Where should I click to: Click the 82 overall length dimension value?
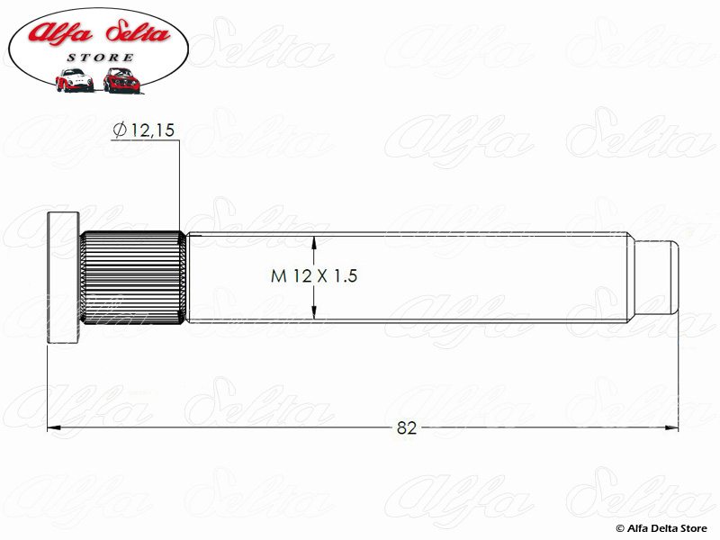(407, 428)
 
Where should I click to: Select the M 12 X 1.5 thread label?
(314, 276)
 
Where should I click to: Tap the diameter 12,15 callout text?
(144, 130)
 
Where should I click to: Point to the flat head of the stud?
(63, 277)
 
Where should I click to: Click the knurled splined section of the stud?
(132, 277)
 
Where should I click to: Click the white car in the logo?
(74, 80)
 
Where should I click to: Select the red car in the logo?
(121, 80)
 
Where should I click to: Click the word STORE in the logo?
(100, 58)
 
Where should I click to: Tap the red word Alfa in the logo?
(60, 32)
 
